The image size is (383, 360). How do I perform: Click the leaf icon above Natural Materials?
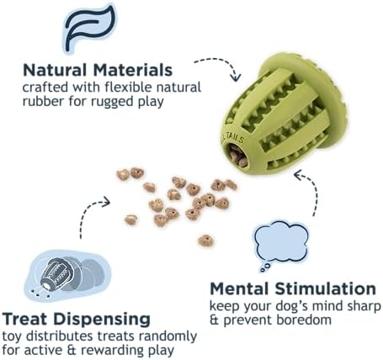coord(89,28)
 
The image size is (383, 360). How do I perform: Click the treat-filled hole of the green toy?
coord(237,155)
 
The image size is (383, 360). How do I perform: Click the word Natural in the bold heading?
coord(55,70)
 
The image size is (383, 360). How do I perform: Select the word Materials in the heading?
coord(133,70)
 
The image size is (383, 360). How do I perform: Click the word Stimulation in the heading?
coord(326,289)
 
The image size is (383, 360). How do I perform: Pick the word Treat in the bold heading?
coord(25,319)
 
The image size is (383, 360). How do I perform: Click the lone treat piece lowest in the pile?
coord(205,241)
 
